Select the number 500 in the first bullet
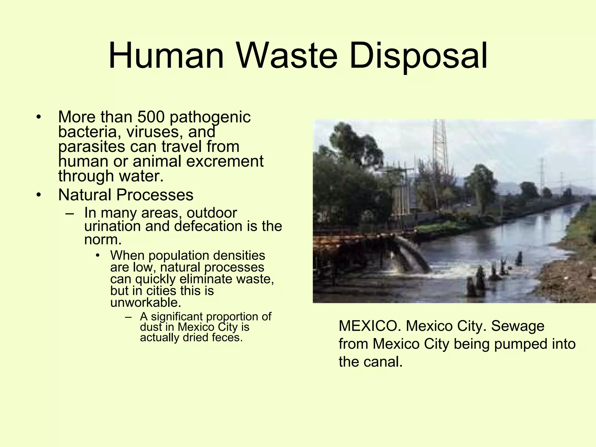(x=151, y=117)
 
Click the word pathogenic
(x=210, y=118)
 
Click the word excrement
(x=225, y=161)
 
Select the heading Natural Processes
(x=125, y=195)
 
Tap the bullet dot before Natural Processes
(x=39, y=195)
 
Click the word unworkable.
(x=146, y=303)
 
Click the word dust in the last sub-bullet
(x=150, y=327)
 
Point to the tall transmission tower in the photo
(x=440, y=146)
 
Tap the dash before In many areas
(x=70, y=213)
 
